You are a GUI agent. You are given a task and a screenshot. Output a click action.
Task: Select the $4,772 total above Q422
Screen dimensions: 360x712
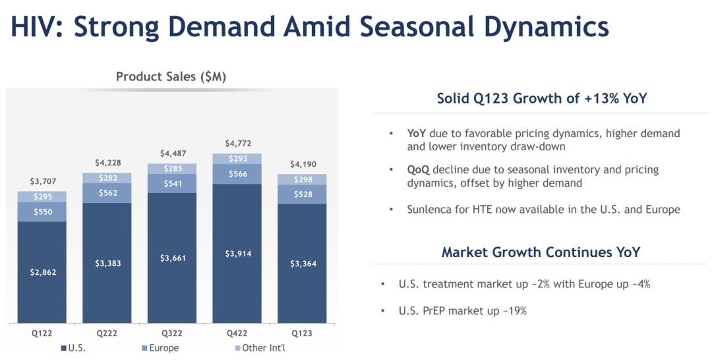click(237, 143)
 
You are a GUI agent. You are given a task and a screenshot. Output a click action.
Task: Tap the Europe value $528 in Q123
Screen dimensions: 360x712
click(302, 194)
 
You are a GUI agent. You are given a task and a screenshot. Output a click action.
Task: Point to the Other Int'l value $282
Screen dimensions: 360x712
click(107, 178)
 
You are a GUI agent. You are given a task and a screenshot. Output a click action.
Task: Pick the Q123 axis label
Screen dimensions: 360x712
click(302, 334)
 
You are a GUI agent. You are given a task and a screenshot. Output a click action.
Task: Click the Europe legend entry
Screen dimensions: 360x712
click(160, 348)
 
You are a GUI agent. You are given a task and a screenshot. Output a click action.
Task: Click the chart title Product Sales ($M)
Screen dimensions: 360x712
click(171, 76)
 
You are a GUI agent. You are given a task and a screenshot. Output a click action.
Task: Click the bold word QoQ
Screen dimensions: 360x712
click(418, 170)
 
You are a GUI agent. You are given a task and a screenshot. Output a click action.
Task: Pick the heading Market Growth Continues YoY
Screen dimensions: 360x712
click(541, 252)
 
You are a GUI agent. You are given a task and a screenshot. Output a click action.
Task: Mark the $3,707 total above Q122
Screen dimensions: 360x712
click(42, 181)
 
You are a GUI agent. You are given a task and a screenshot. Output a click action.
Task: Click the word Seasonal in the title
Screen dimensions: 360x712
click(417, 27)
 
